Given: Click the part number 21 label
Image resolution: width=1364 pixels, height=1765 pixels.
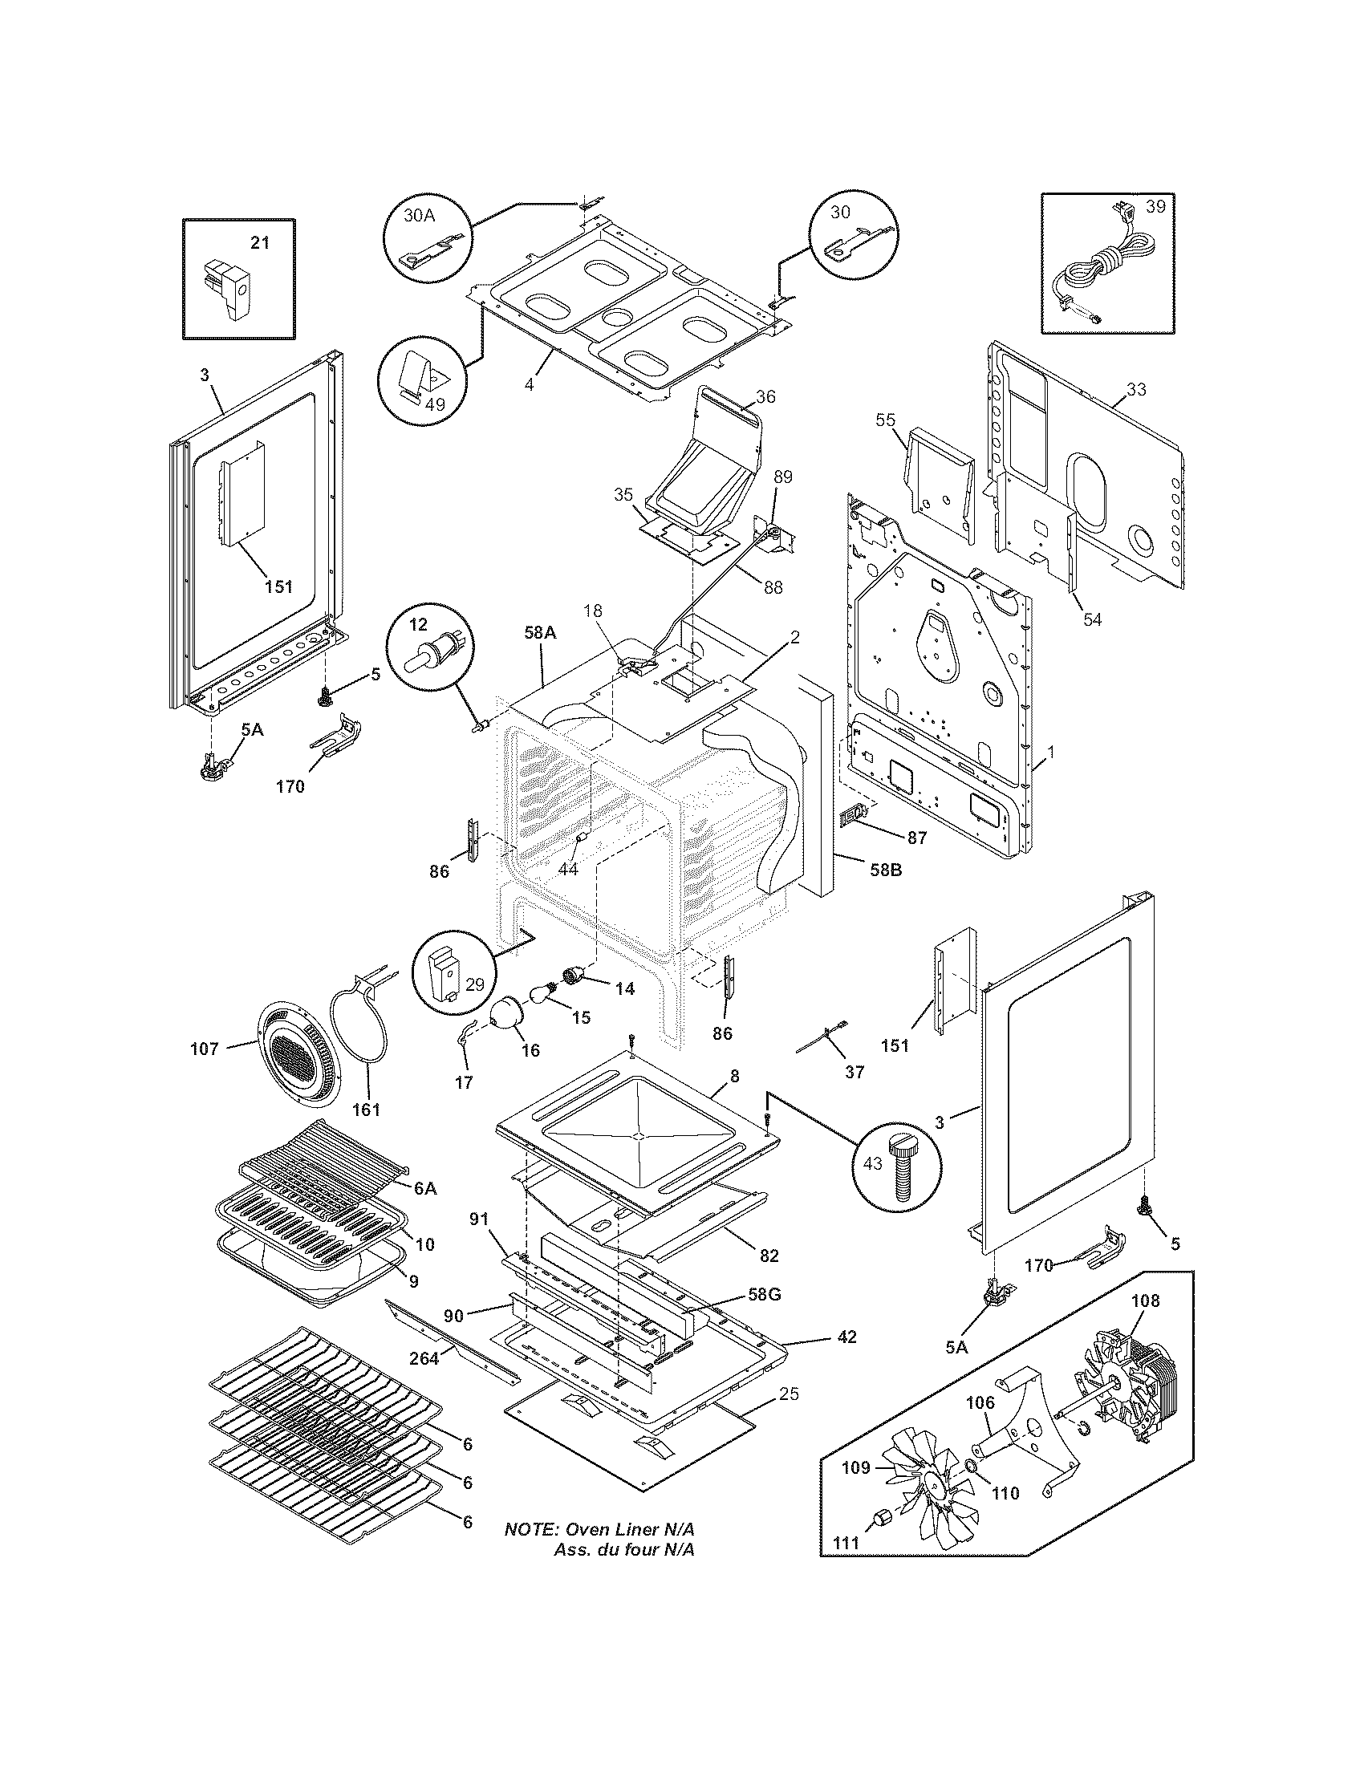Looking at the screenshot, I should point(258,243).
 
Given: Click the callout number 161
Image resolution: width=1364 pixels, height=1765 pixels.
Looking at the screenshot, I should point(366,1110).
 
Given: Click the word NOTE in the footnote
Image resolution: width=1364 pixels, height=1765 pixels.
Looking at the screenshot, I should point(531,1530).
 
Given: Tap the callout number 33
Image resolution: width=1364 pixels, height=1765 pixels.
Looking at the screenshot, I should point(1136,389).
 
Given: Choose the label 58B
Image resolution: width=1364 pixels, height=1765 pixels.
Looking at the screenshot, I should point(884,871).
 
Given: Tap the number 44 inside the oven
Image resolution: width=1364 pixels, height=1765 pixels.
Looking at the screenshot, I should point(568,869).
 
